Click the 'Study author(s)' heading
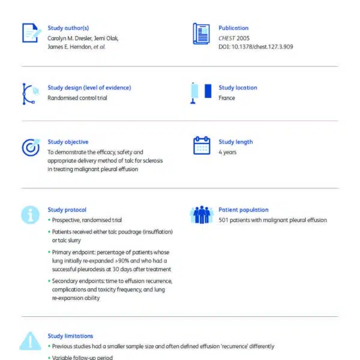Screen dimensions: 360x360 (x=68, y=28)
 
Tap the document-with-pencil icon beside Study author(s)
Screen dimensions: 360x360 (x=30, y=33)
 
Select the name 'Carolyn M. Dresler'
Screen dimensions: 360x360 (x=70, y=38)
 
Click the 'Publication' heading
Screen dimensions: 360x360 (x=233, y=28)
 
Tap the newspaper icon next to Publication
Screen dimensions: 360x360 (x=201, y=32)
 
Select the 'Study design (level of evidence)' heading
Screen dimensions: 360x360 (x=89, y=88)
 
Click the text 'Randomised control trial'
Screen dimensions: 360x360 (x=77, y=98)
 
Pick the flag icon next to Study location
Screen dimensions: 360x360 (x=201, y=92)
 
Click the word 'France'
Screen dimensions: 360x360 (x=227, y=98)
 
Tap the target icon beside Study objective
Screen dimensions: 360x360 (x=30, y=147)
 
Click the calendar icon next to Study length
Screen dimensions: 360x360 (x=201, y=146)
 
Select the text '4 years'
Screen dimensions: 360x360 (x=228, y=152)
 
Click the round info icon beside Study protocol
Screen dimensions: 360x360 (x=30, y=214)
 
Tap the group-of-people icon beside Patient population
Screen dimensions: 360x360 (x=201, y=214)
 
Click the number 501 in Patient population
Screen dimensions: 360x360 (x=224, y=220)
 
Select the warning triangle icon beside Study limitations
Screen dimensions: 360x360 (x=30, y=341)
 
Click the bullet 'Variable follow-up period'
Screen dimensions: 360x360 (x=82, y=358)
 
